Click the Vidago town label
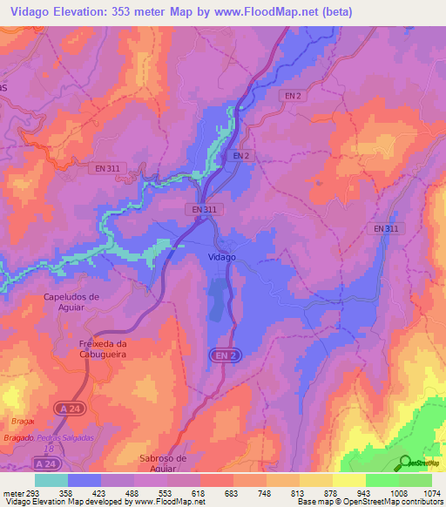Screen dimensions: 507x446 (222, 257)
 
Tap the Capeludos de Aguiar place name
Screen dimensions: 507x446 (76, 301)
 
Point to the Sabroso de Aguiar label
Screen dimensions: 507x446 (163, 463)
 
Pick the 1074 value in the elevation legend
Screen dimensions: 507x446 (432, 492)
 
